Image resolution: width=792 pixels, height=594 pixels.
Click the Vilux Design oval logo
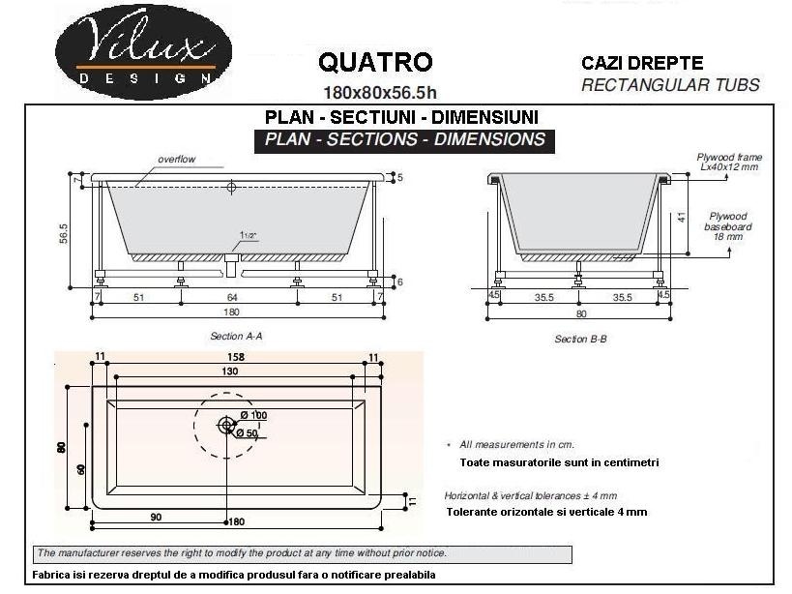(143, 52)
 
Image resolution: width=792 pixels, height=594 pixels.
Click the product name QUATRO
(375, 62)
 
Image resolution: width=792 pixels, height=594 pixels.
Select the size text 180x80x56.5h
(380, 93)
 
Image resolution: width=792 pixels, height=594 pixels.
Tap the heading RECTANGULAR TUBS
(670, 85)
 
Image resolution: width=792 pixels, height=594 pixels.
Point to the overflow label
(176, 159)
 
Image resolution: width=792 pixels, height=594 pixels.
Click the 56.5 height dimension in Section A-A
(63, 234)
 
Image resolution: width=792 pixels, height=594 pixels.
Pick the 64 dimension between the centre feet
(232, 298)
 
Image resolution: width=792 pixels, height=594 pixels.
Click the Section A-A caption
(236, 336)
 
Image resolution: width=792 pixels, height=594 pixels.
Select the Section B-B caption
(580, 339)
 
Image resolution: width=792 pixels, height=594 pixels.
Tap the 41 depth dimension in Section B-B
(682, 218)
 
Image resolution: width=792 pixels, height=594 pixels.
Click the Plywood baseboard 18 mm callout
(728, 226)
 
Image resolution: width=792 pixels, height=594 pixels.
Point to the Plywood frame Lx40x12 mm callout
(729, 163)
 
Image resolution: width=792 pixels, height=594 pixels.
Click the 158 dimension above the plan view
(235, 357)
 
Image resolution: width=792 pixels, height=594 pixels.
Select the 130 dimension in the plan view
(230, 371)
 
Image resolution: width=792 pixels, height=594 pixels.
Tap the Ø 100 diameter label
(253, 415)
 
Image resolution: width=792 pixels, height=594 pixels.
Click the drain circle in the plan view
(226, 426)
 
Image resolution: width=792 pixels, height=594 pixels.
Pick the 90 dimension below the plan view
(156, 518)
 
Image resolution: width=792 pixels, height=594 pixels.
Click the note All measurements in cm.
(516, 444)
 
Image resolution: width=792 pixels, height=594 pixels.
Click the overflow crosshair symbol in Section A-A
(231, 187)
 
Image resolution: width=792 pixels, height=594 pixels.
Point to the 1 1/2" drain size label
(248, 235)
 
